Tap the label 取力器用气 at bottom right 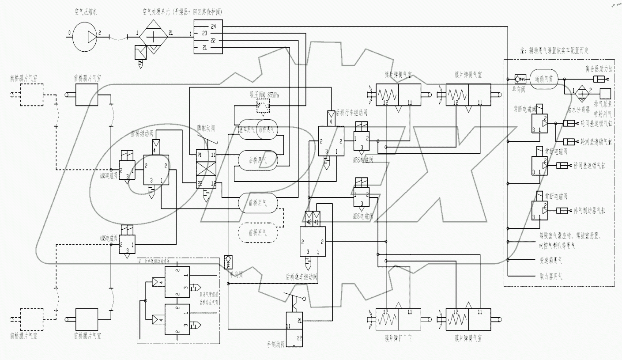point(550,277)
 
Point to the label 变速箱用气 point(550,261)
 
